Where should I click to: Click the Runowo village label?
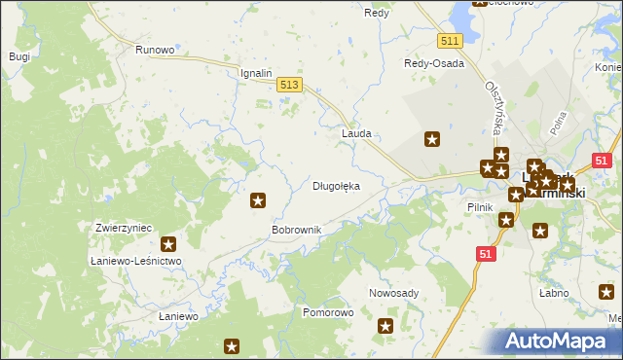[x=155, y=50]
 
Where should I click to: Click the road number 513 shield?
[x=289, y=87]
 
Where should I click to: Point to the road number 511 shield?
[x=449, y=40]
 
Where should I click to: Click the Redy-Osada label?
[x=434, y=63]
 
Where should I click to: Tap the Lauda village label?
[x=356, y=132]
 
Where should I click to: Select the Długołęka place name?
[x=336, y=185]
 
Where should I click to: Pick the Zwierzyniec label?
[x=124, y=228]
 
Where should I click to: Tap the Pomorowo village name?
[x=328, y=313]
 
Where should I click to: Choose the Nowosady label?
[x=393, y=293]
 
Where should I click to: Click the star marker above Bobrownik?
[x=258, y=200]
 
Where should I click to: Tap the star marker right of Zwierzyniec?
[x=168, y=245]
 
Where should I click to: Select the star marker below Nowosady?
[x=385, y=327]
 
